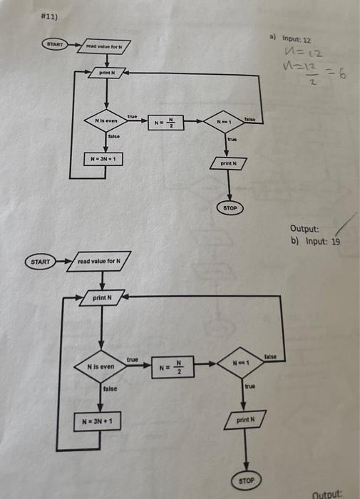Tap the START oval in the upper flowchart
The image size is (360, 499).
[x=53, y=44]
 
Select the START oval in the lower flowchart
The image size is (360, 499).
[x=41, y=262]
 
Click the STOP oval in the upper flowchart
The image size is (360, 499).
[x=230, y=208]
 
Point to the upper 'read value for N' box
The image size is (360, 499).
[x=105, y=48]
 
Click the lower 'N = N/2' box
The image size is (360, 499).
[x=175, y=368]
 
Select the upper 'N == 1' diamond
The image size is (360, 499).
[x=229, y=122]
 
